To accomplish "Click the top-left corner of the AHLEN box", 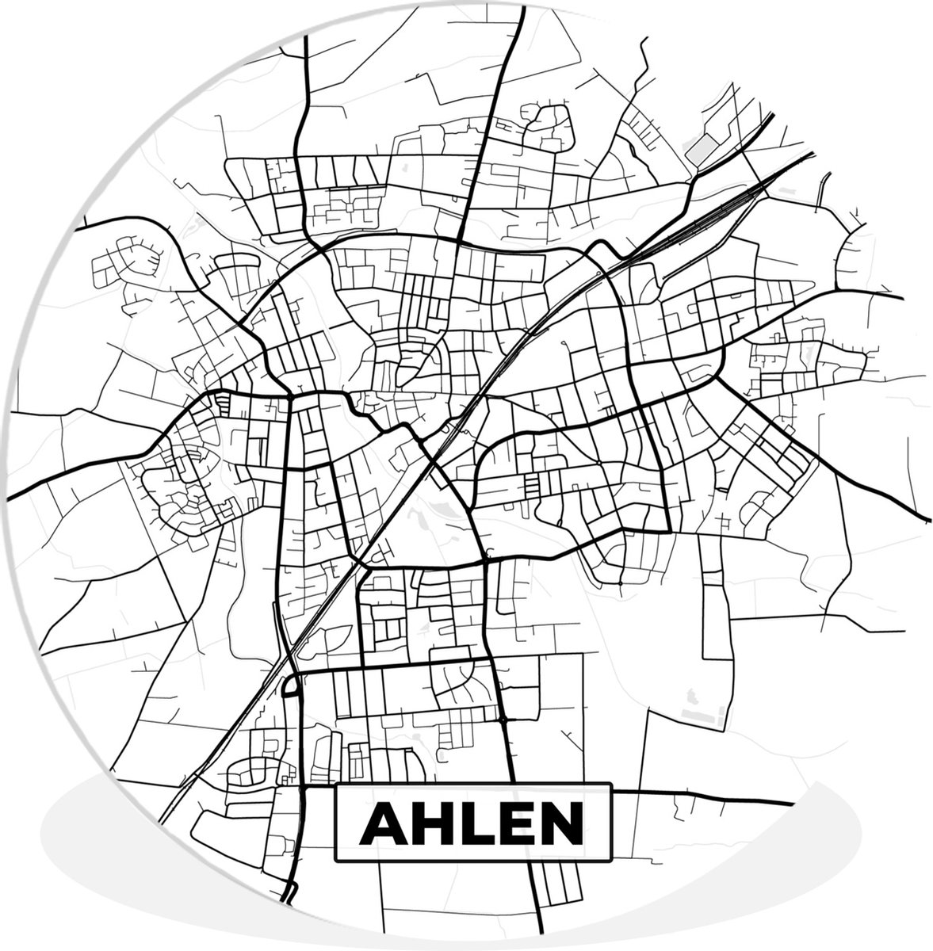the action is tap(336, 785).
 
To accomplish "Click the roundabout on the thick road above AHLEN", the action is tap(504, 720).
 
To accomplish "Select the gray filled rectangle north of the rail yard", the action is tap(702, 147).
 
